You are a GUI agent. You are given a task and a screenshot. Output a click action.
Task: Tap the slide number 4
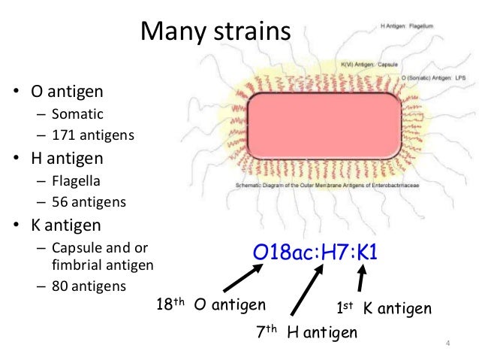coord(447,344)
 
